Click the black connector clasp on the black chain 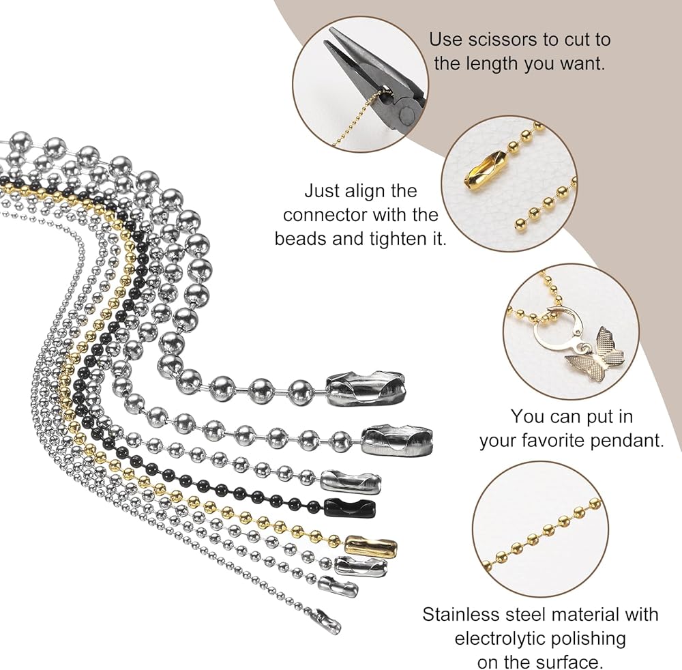(x=350, y=507)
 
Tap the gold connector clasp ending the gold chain (x=371, y=544)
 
